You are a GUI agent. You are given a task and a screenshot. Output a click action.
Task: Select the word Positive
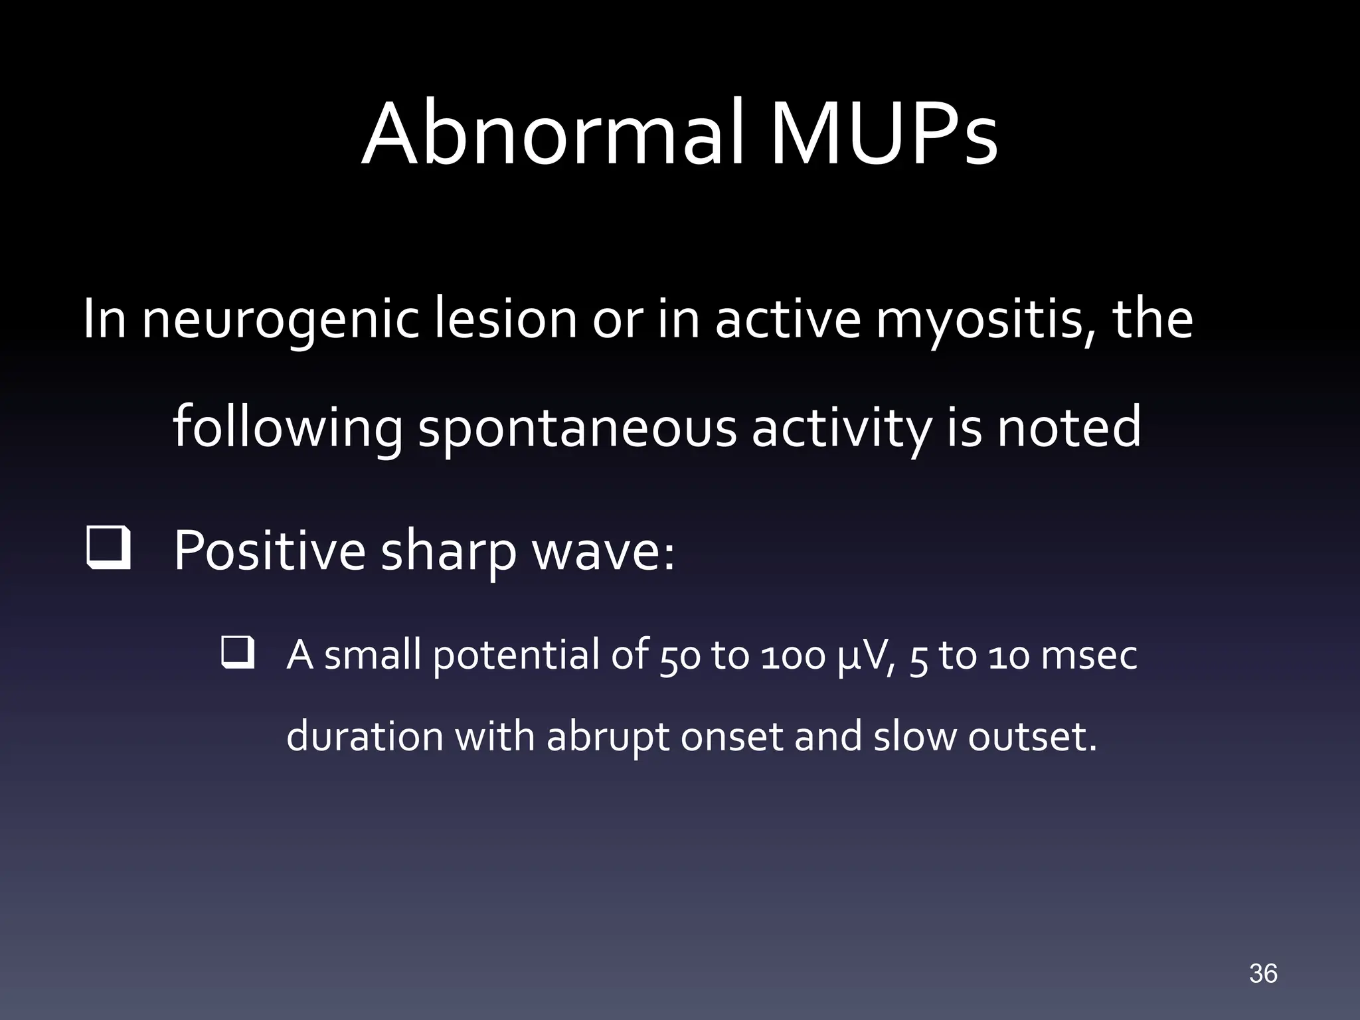click(x=270, y=551)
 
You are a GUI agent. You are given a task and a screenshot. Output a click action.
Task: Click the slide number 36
click(x=1262, y=974)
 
